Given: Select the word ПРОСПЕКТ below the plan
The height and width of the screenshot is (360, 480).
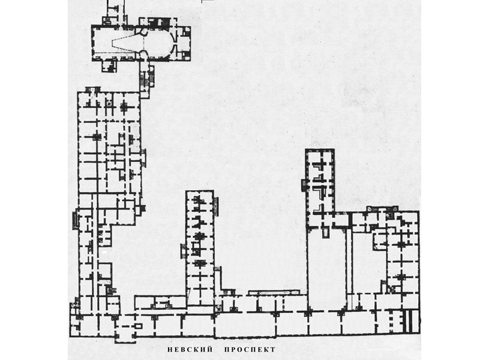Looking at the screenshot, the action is [x=251, y=349].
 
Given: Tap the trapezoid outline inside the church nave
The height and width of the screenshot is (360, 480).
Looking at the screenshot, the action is [x=128, y=44].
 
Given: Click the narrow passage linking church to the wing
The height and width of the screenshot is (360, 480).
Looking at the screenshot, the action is [x=145, y=78].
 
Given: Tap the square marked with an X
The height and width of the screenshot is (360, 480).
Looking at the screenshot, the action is [x=391, y=290].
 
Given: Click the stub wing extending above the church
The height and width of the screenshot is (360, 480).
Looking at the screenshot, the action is [x=114, y=11].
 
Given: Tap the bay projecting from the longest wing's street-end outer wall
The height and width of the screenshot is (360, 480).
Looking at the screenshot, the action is [x=76, y=220].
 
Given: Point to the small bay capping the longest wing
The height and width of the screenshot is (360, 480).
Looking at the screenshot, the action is [x=93, y=90].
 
